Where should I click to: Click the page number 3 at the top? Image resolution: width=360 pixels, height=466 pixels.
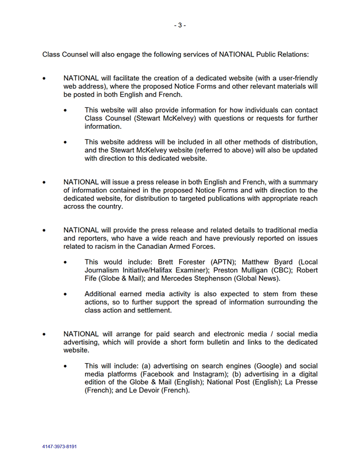coord(180,25)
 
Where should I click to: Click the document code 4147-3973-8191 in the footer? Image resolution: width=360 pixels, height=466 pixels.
coord(60,446)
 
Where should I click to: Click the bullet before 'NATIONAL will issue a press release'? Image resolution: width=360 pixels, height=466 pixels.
coord(44,182)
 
